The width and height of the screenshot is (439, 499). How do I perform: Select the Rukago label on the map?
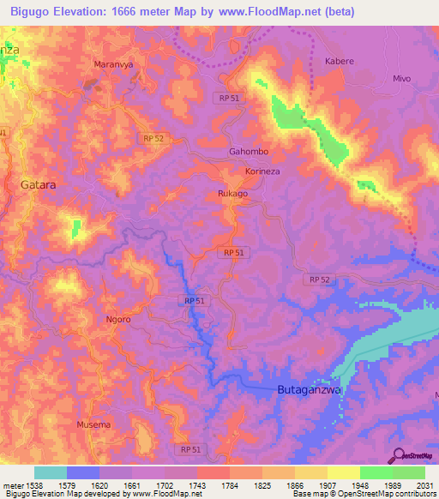click(232, 194)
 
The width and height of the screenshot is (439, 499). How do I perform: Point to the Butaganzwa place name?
click(310, 389)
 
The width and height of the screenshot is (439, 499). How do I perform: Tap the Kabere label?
click(340, 62)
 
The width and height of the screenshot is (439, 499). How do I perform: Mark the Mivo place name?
click(402, 78)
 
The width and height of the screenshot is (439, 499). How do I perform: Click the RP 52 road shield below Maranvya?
click(151, 137)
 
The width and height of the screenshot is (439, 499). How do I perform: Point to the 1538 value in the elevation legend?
click(34, 484)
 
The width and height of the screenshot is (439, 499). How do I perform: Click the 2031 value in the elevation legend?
click(424, 484)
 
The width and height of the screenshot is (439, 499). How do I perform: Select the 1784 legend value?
click(230, 484)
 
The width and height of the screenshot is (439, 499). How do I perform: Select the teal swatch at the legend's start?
click(50, 472)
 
